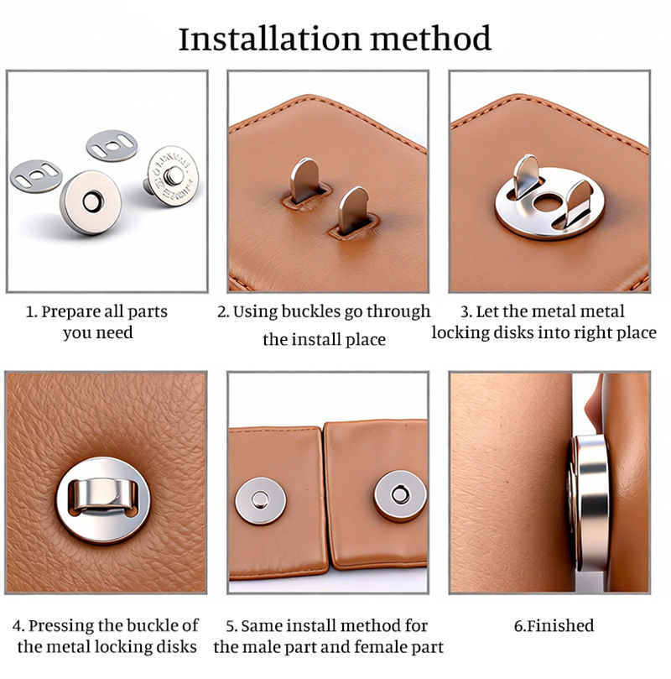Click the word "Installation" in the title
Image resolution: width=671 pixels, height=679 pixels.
point(269,39)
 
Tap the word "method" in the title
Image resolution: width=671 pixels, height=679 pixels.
point(431,39)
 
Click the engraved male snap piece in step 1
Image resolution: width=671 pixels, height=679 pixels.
point(171,175)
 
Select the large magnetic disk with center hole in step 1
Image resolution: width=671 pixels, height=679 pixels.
point(91,201)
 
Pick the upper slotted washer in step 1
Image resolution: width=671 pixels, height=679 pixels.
point(112,145)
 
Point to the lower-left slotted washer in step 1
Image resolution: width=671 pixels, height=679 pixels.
point(36,175)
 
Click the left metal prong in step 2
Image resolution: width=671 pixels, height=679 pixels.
point(306,180)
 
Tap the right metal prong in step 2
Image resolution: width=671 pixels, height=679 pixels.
point(353,210)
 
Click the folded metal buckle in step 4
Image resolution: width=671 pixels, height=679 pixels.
point(104,494)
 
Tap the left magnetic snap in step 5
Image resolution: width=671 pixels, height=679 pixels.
point(261,500)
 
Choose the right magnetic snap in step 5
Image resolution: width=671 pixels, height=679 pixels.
point(400,495)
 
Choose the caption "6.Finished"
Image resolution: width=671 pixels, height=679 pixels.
point(554,626)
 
